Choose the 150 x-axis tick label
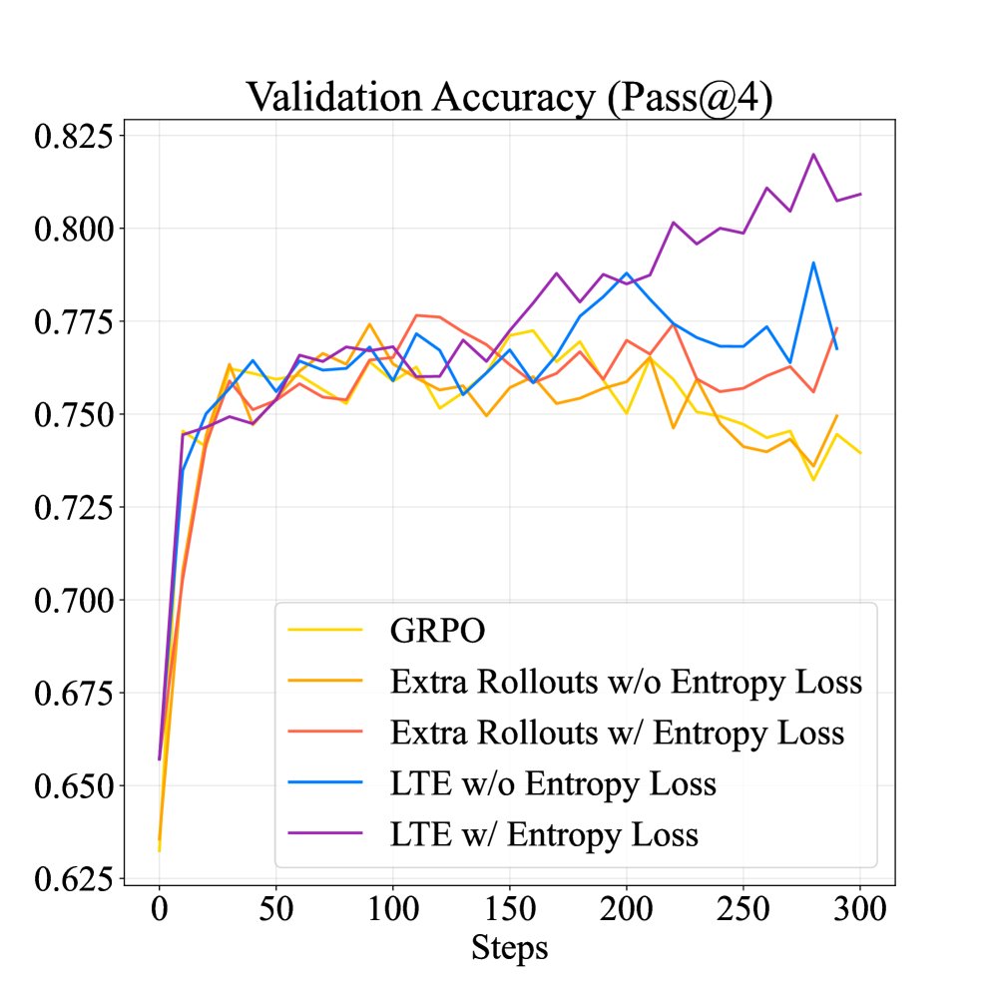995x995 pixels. [509, 910]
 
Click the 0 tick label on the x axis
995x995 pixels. [159, 910]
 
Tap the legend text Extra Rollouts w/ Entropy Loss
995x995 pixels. [618, 733]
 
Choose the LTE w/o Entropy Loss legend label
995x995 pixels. [553, 783]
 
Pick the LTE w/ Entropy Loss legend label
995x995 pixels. [544, 834]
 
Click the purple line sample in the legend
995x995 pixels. [324, 834]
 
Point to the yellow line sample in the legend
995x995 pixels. [324, 631]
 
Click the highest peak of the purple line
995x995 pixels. [813, 155]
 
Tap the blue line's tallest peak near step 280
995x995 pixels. [813, 262]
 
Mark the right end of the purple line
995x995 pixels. [860, 194]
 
